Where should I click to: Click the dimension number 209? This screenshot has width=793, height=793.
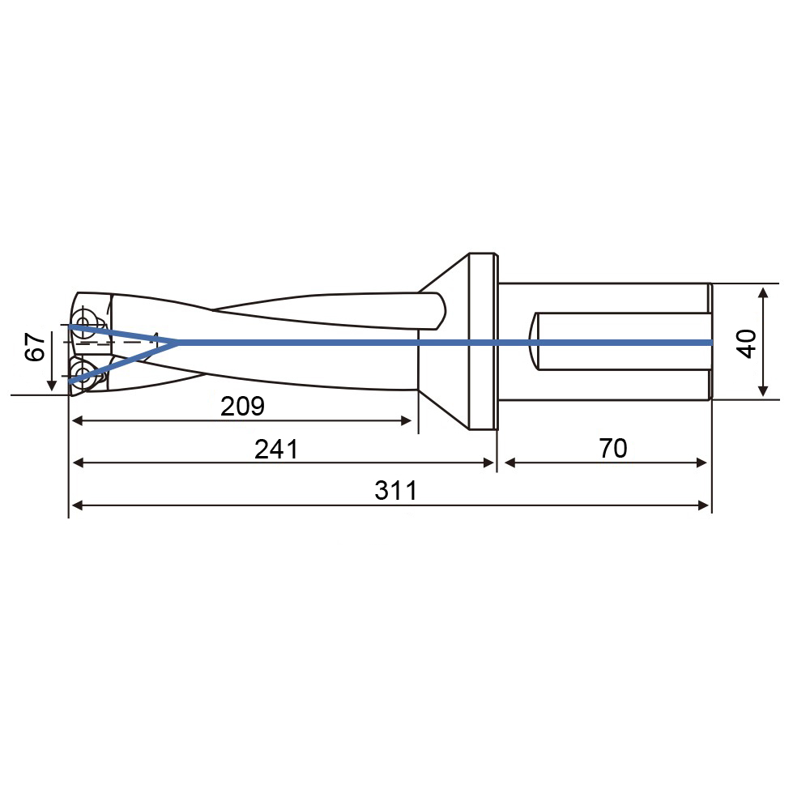click(x=242, y=406)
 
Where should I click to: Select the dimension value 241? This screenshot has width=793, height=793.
click(x=276, y=449)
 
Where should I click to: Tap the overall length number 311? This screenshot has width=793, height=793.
click(x=396, y=491)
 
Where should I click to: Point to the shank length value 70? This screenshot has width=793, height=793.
click(x=613, y=448)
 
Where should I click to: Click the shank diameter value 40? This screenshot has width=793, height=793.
click(x=747, y=343)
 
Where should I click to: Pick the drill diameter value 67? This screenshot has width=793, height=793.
click(x=35, y=347)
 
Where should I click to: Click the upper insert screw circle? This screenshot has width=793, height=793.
click(x=83, y=321)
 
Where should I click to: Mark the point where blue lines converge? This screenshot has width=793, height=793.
click(x=177, y=343)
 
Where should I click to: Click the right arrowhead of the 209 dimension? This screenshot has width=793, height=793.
click(x=406, y=420)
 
